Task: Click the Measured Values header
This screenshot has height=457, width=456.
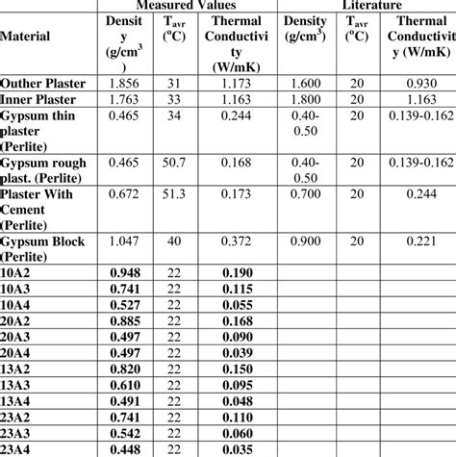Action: pos(189,5)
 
